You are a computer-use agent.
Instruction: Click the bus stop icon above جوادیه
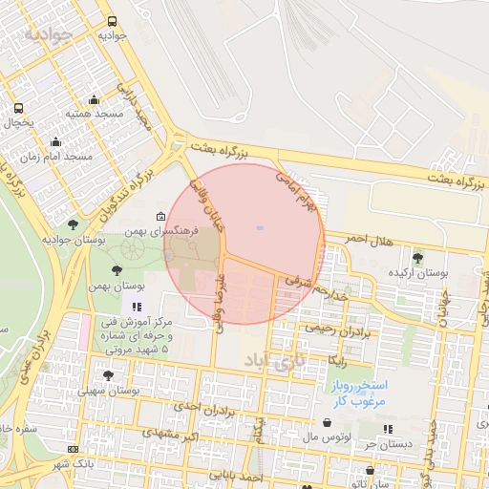113,21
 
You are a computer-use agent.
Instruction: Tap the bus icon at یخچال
19,108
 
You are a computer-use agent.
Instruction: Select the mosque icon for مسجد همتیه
94,99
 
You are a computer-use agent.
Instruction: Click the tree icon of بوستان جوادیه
73,224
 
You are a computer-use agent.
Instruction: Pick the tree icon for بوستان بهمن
117,271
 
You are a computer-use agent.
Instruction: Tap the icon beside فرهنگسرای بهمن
160,217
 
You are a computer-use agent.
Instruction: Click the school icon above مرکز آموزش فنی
137,307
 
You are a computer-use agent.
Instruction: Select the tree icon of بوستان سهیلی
107,375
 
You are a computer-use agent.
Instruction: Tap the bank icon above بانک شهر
73,450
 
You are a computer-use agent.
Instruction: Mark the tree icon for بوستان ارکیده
416,257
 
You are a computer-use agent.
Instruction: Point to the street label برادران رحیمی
336,329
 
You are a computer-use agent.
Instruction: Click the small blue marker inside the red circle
259,227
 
